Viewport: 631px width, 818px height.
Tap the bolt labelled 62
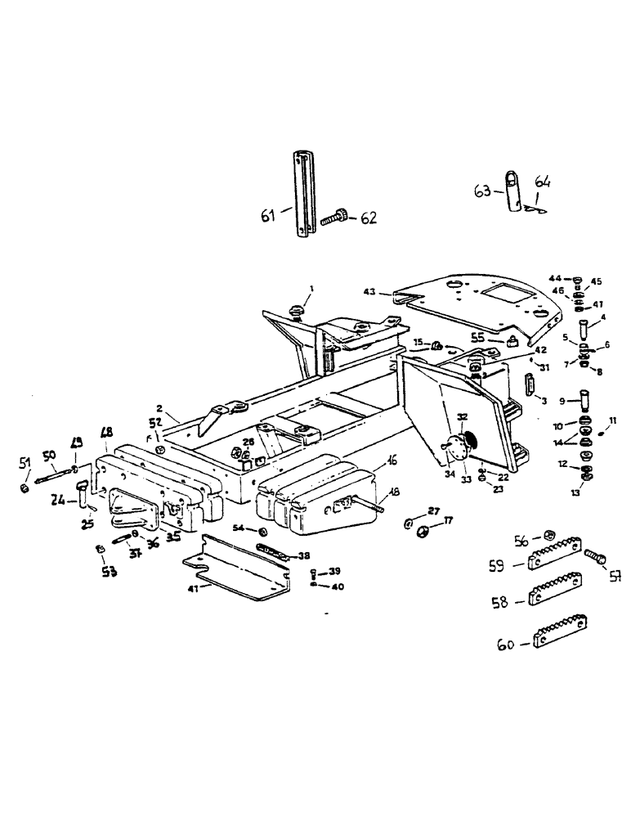point(335,218)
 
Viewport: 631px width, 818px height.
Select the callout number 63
point(483,191)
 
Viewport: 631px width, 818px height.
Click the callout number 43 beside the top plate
point(372,292)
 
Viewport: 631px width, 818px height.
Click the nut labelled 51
point(25,489)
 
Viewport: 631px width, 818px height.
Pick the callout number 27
point(432,510)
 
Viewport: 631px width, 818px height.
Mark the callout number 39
point(334,570)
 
